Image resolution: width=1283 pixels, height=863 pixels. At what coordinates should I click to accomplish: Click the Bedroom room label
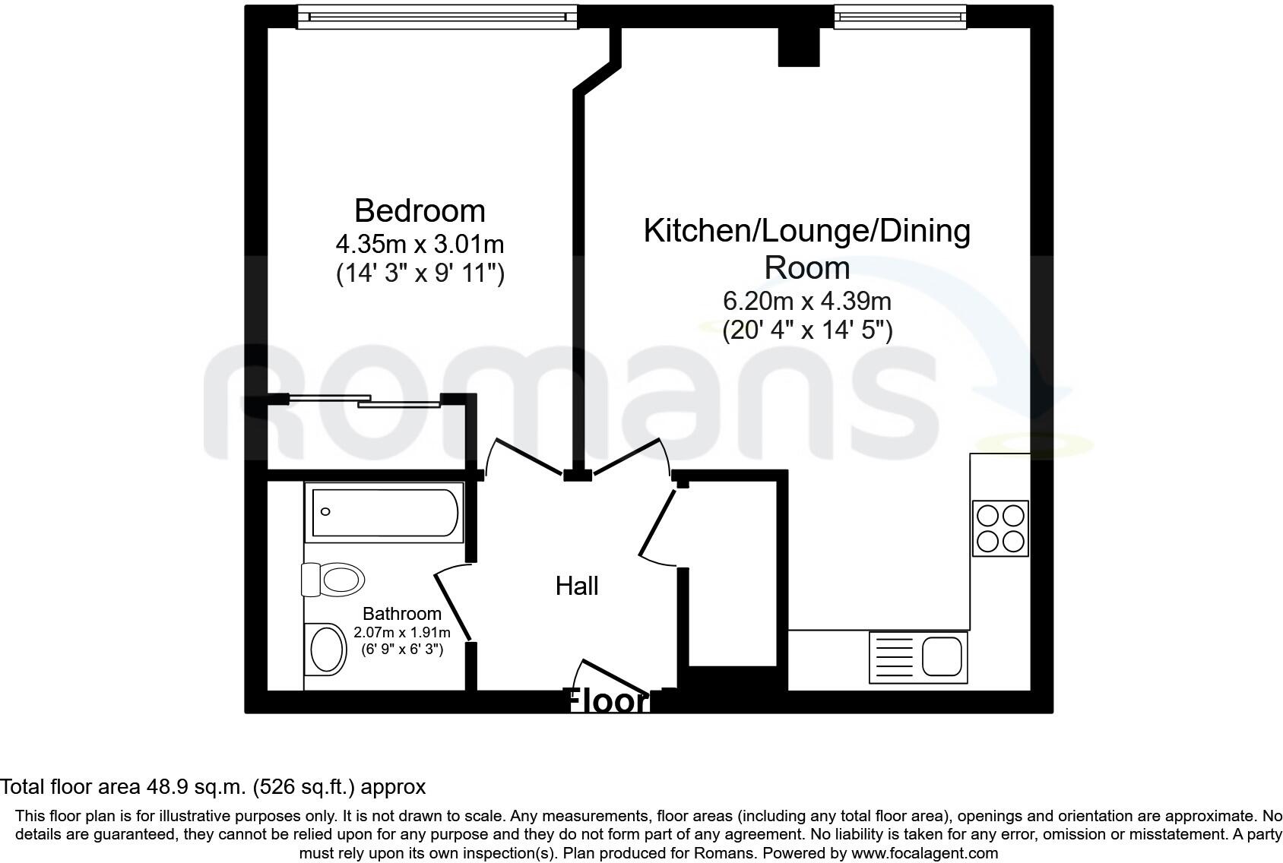(x=420, y=210)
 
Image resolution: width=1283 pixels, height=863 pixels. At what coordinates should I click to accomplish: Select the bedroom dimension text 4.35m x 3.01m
(x=420, y=244)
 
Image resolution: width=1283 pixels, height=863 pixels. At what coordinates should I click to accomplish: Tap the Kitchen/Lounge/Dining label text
(x=806, y=230)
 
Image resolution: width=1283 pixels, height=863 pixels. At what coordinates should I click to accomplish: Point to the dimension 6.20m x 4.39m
(x=806, y=302)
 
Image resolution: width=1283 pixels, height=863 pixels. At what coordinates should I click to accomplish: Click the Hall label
(x=577, y=586)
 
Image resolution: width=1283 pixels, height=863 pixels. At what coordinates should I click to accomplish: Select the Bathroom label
(x=401, y=613)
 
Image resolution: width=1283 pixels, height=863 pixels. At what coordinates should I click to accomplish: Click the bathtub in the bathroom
(x=384, y=512)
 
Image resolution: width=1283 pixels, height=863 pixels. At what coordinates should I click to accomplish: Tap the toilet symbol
(x=333, y=580)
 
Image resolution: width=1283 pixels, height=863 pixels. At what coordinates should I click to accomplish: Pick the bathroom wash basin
(x=328, y=648)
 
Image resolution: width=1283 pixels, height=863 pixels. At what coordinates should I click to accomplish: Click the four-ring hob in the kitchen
(x=1000, y=529)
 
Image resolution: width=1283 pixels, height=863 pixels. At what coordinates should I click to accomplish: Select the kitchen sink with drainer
(x=918, y=657)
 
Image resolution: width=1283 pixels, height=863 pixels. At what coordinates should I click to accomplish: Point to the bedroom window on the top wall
(x=437, y=16)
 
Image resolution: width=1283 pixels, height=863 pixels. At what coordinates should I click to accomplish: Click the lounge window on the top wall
(x=900, y=16)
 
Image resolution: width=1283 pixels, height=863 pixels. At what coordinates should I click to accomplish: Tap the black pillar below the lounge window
(x=799, y=47)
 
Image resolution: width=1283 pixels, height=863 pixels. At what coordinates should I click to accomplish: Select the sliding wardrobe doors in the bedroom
(x=365, y=400)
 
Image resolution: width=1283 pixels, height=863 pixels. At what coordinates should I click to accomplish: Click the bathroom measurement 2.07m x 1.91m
(x=401, y=632)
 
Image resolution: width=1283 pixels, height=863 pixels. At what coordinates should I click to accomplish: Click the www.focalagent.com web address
(x=924, y=853)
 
